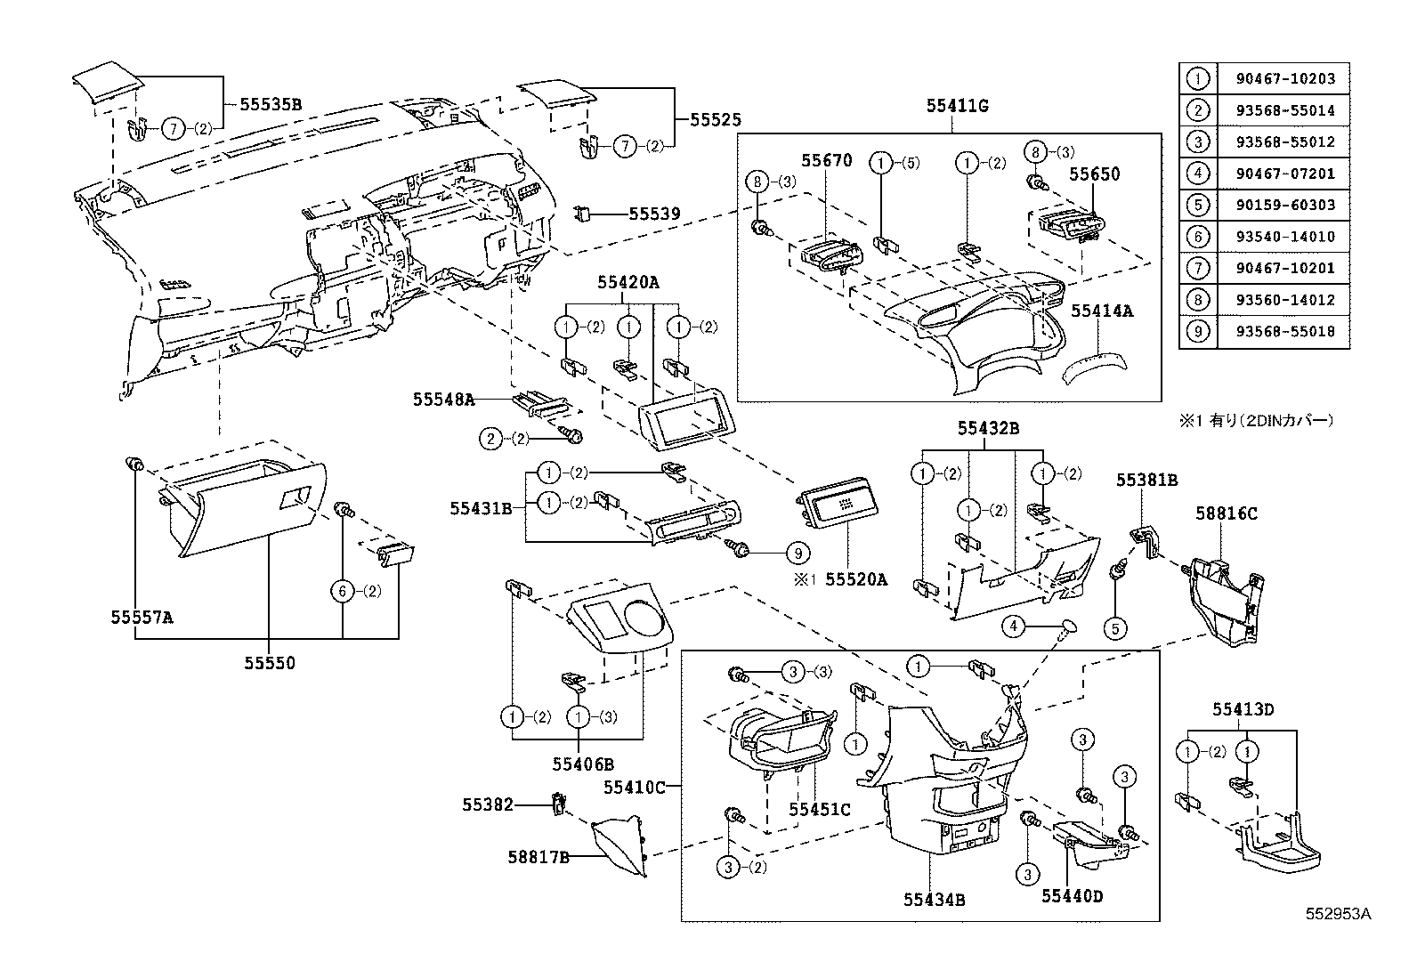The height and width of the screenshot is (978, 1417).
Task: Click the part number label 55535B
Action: click(x=270, y=104)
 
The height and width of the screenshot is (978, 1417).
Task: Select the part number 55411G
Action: click(x=957, y=106)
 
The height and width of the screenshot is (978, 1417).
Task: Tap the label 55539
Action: click(x=654, y=214)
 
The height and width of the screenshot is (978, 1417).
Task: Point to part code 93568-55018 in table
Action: click(x=1285, y=331)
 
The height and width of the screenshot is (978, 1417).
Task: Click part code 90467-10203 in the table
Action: click(x=1285, y=78)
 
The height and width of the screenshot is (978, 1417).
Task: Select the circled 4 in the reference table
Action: click(x=1198, y=174)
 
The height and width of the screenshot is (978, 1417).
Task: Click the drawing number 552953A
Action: click(x=1338, y=914)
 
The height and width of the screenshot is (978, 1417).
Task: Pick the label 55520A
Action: click(x=855, y=579)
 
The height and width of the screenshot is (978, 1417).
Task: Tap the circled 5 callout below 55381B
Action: click(x=1115, y=628)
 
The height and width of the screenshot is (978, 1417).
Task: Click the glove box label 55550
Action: click(x=271, y=663)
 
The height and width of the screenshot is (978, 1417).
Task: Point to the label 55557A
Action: click(x=142, y=616)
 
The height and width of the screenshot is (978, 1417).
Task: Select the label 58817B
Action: click(x=538, y=857)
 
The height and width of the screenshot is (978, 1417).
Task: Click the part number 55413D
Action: click(x=1243, y=709)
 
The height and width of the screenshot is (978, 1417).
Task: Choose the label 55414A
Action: click(x=1101, y=311)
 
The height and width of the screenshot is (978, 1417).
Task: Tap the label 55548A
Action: click(x=443, y=400)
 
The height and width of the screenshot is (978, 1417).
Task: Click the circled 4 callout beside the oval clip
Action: click(x=1013, y=626)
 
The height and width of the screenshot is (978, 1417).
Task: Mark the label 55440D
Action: click(x=1072, y=896)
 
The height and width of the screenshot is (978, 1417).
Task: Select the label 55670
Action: click(x=826, y=161)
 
